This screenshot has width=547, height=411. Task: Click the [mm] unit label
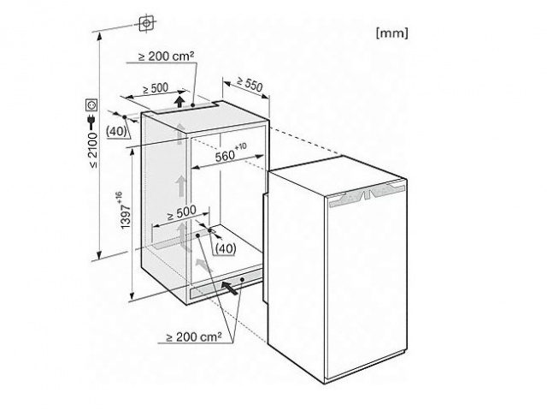point(391,33)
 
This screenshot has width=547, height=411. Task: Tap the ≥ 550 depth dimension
point(250,84)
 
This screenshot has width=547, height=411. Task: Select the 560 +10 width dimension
point(231,153)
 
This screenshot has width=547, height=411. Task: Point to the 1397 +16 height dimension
point(125,210)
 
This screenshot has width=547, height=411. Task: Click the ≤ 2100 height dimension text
point(93,151)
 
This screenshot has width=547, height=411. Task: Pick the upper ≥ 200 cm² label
point(167,56)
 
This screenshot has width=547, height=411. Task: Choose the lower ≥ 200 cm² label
point(194,337)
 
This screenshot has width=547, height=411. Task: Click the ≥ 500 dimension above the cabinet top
point(156,89)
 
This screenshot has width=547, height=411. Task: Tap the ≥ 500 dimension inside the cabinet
point(181,212)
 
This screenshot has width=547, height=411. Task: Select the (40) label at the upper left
point(116,131)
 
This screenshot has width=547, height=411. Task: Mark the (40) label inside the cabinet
point(226,248)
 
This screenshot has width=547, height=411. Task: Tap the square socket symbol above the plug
point(91,104)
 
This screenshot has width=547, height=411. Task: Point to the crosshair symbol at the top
point(147,23)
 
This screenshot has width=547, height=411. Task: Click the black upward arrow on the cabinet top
point(179,101)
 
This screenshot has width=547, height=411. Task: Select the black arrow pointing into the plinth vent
point(230,289)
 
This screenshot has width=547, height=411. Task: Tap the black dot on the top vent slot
point(193,104)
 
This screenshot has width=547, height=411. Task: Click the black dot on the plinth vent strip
point(242,280)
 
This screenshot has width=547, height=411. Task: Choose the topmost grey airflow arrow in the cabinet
point(179,132)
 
